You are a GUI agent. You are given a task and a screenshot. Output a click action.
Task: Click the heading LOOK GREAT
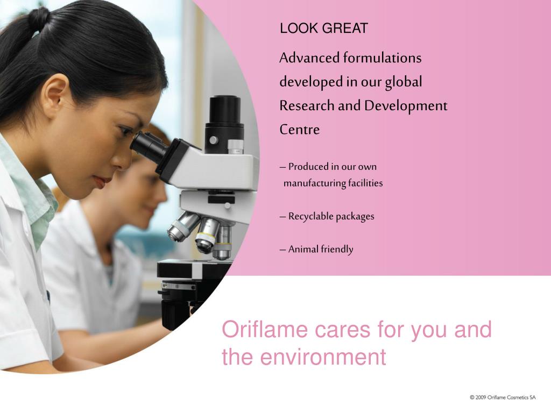pyautogui.click(x=323, y=29)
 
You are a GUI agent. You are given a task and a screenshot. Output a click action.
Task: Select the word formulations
pyautogui.click(x=383, y=58)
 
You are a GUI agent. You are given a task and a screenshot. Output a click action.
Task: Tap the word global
pyautogui.click(x=404, y=82)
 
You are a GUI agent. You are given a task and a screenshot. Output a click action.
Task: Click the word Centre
pyautogui.click(x=299, y=130)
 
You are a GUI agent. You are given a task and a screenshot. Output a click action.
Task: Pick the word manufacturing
pyautogui.click(x=315, y=183)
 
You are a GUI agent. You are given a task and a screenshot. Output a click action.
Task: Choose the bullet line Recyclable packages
pyautogui.click(x=327, y=216)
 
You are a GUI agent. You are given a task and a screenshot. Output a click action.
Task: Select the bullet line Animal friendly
pyautogui.click(x=317, y=249)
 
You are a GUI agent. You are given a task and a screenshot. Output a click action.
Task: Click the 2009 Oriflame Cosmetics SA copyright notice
pyautogui.click(x=502, y=397)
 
